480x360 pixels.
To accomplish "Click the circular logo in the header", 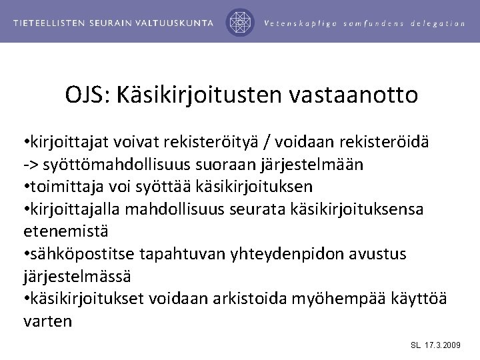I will tap(241, 22).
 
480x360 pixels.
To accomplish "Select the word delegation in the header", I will tap(436, 23).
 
